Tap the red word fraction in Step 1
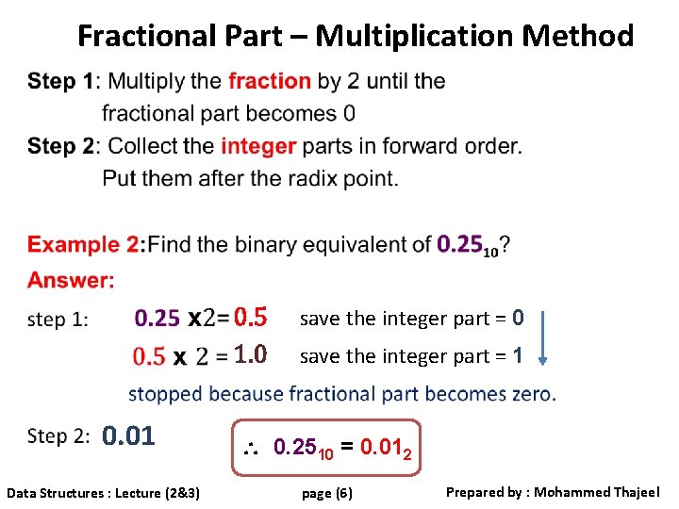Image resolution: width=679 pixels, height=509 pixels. coord(269,81)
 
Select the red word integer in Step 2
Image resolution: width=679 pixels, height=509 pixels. coord(258,146)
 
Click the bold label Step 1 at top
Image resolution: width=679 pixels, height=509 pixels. coord(61,81)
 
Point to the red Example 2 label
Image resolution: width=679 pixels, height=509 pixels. coord(83,245)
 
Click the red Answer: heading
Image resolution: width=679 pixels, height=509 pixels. coord(71,280)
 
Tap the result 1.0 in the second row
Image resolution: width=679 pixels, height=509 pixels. coord(251,355)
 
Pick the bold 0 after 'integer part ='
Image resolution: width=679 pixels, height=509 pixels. coord(518,318)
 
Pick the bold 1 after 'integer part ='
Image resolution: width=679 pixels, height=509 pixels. coord(518,356)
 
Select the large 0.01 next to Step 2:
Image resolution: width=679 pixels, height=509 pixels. coord(128,436)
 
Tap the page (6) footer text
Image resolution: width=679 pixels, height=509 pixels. coord(326,493)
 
